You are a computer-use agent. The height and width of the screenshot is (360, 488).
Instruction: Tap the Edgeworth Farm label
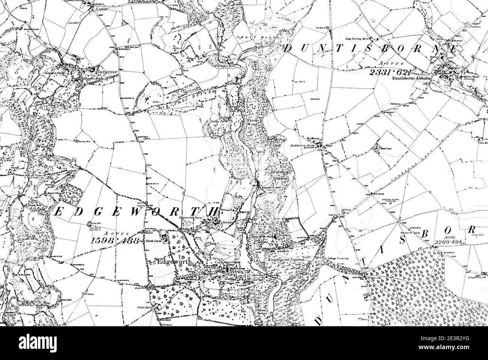190,217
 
